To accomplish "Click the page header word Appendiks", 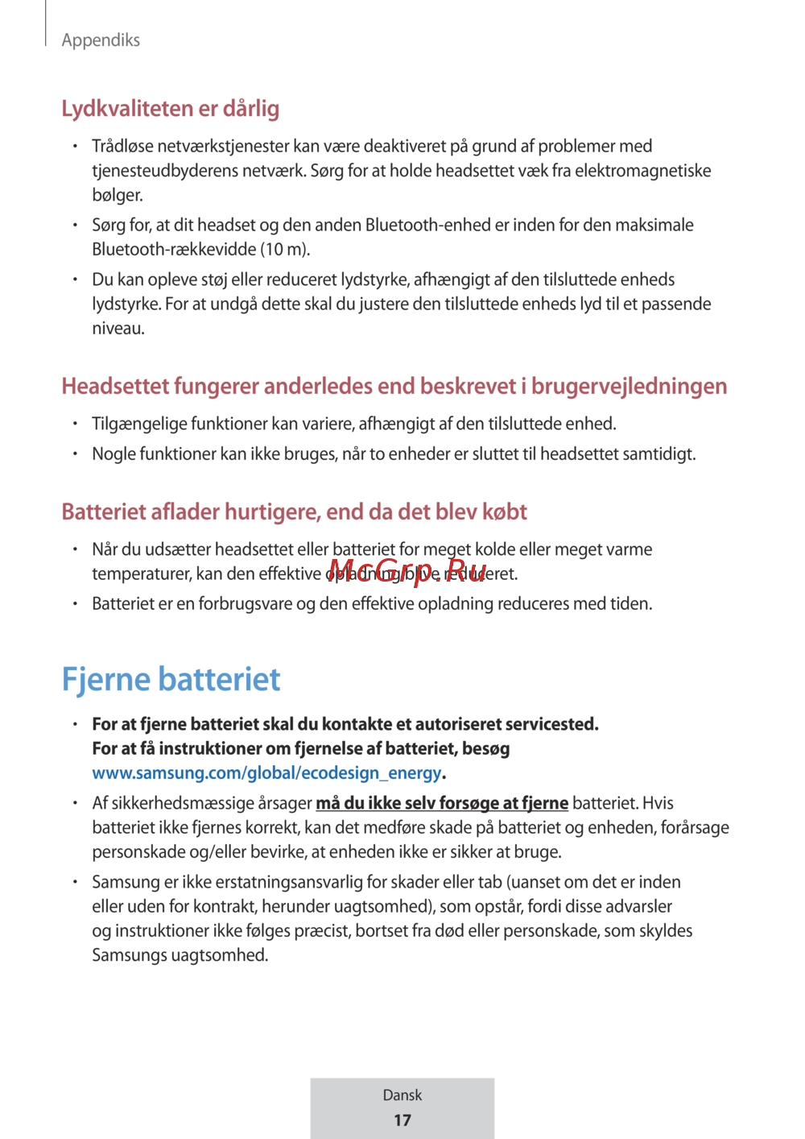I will pyautogui.click(x=101, y=40).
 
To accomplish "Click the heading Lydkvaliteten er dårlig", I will pyautogui.click(x=171, y=109).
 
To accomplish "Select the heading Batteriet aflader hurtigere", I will pyautogui.click(x=294, y=512).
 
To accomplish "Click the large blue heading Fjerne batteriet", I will pyautogui.click(x=171, y=680).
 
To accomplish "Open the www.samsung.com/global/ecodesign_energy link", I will pyautogui.click(x=266, y=773).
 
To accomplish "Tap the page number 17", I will pyautogui.click(x=402, y=1120).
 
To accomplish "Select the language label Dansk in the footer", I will pyautogui.click(x=402, y=1096).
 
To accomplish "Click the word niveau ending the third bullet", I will pyautogui.click(x=118, y=329).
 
